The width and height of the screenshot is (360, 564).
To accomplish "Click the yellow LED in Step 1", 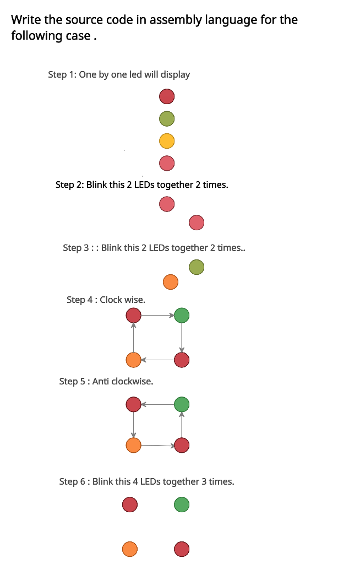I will coord(167,141).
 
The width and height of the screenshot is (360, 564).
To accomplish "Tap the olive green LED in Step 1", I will coord(167,118).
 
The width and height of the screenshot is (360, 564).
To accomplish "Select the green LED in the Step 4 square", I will coord(182,316).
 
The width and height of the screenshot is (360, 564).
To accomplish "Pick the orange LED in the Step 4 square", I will coord(134,360).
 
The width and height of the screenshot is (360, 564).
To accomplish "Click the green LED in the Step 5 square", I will coord(182,404).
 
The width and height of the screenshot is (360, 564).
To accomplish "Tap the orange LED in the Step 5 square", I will coord(134,445).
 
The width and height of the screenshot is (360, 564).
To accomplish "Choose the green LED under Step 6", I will coord(182,504).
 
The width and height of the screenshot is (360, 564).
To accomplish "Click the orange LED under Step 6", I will coord(130,549).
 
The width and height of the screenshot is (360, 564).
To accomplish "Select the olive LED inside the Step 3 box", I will coord(197,267).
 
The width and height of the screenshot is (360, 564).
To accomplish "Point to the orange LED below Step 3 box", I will coord(171,282).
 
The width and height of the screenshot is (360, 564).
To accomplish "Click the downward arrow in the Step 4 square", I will coord(182,338).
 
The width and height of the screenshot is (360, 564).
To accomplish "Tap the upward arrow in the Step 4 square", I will coord(134,338).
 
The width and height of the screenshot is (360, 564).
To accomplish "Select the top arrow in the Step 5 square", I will coord(157,404).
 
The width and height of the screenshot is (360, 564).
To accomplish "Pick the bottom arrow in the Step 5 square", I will coord(157,445).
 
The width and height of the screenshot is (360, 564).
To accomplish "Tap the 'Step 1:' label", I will coord(62,74).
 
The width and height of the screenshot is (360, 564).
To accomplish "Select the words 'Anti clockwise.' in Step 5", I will coord(122,381).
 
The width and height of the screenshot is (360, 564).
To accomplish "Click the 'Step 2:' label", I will coord(69,185).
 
